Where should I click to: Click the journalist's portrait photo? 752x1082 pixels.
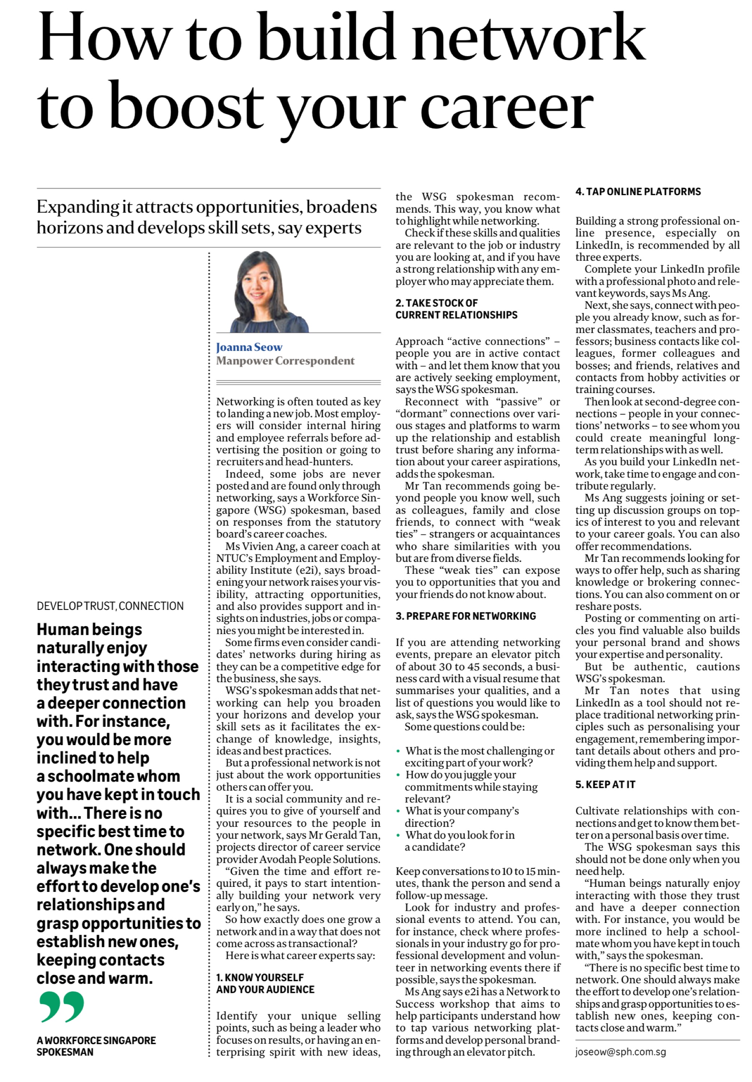[270, 291]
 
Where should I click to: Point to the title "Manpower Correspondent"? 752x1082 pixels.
[285, 361]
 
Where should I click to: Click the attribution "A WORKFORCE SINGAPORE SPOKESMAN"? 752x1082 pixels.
[96, 1046]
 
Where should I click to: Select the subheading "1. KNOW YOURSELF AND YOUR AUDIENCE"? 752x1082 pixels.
[265, 984]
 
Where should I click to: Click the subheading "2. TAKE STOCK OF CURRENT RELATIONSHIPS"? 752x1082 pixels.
[456, 309]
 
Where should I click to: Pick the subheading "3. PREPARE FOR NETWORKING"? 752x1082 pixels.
[465, 616]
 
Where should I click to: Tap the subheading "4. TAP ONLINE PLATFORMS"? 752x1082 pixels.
[638, 192]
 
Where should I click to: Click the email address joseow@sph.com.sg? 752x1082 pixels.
[620, 1052]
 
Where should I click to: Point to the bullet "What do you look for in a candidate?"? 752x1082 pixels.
[459, 841]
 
